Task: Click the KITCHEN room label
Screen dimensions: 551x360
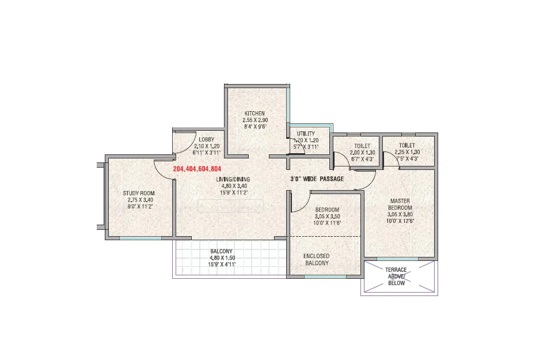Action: click(254, 113)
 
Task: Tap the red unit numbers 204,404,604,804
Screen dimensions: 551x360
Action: click(197, 169)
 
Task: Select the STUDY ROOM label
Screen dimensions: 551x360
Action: click(139, 193)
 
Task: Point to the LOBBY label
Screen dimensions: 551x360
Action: click(206, 139)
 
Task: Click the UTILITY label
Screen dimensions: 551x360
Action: click(306, 134)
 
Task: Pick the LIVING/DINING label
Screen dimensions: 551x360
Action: click(233, 179)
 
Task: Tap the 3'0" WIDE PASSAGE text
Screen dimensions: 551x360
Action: click(317, 179)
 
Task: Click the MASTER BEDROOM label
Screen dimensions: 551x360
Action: click(400, 204)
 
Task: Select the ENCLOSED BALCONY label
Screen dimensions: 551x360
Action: click(317, 259)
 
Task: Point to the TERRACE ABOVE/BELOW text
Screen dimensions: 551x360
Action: click(396, 276)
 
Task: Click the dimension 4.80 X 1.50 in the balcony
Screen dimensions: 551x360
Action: click(222, 258)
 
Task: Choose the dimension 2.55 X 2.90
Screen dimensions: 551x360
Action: click(255, 120)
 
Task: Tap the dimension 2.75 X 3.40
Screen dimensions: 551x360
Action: click(140, 200)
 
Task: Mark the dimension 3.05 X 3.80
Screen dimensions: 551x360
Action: click(400, 214)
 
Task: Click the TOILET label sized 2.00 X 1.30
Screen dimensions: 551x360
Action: click(362, 146)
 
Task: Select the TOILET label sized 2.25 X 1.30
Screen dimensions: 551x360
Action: click(407, 145)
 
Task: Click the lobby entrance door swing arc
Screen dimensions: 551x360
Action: click(191, 146)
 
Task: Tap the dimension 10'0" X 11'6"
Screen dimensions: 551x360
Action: click(327, 223)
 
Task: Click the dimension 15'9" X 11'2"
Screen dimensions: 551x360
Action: click(234, 192)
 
